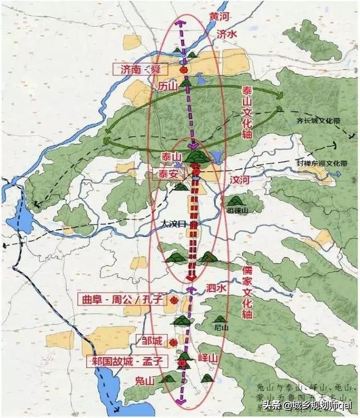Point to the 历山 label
[x=167, y=86]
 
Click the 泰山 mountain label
[x=172, y=156]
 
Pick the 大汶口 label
[x=173, y=224]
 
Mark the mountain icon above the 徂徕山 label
[x=235, y=200]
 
